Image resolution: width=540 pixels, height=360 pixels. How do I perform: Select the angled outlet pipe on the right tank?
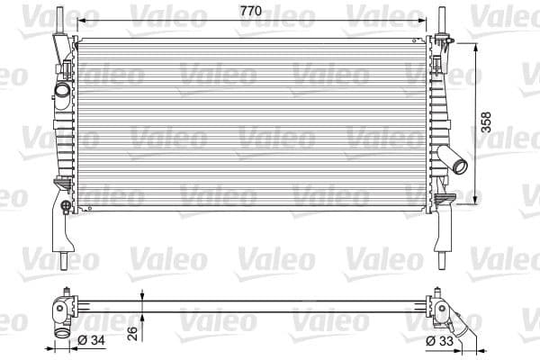pyautogui.click(x=456, y=163)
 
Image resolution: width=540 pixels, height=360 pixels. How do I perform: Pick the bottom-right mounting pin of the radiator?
pyautogui.click(x=442, y=258)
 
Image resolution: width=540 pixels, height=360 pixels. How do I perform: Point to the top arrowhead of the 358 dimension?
pyautogui.click(x=474, y=42)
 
